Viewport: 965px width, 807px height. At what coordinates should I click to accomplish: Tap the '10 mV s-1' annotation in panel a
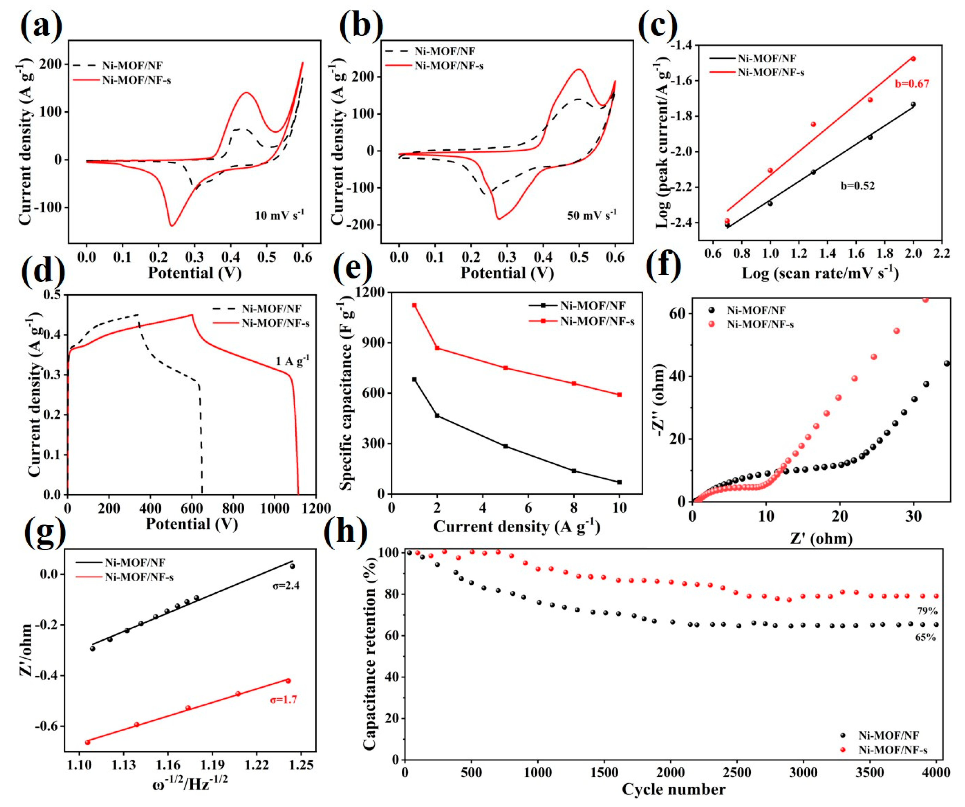(x=279, y=215)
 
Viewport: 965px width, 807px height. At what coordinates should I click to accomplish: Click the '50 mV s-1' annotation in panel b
(x=592, y=215)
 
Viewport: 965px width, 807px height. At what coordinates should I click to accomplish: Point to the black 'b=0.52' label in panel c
(x=857, y=186)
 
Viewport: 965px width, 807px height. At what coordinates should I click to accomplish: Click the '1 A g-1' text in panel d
(x=292, y=361)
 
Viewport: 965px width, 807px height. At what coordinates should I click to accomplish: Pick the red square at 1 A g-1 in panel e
(x=414, y=305)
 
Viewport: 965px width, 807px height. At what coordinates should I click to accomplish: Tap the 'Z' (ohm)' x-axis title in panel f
(x=821, y=538)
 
